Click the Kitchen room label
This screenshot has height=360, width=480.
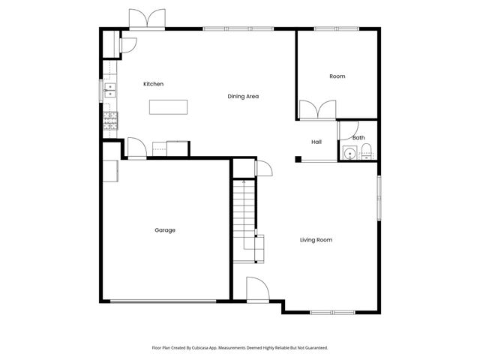(x=153, y=84)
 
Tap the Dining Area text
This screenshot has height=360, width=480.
(x=243, y=96)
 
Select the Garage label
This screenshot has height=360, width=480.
(x=165, y=230)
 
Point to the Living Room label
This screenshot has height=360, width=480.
(x=316, y=240)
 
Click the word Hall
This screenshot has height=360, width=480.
(x=316, y=142)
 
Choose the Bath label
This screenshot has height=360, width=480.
(x=358, y=137)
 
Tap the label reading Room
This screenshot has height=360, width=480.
(x=337, y=76)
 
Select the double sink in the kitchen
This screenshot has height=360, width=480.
(x=110, y=90)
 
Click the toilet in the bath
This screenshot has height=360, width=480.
(x=365, y=154)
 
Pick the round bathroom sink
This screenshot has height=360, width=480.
(x=349, y=154)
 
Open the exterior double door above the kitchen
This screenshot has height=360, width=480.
(x=146, y=19)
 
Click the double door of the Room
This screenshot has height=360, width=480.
(x=318, y=110)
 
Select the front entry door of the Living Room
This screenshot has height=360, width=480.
(x=255, y=289)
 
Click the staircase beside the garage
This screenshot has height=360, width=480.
(x=243, y=217)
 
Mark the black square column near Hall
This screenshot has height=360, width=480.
(x=298, y=158)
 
